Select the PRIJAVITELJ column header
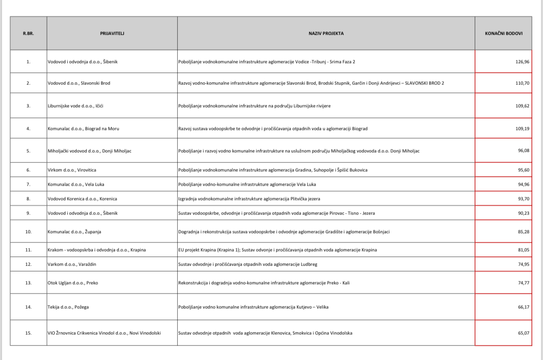pyautogui.click(x=112, y=33)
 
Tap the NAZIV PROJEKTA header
pyautogui.click(x=326, y=33)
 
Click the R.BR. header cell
pyautogui.click(x=28, y=33)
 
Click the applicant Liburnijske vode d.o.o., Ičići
pyautogui.click(x=75, y=106)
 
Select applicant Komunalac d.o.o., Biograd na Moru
pyautogui.click(x=80, y=129)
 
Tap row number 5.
pyautogui.click(x=28, y=151)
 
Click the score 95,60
pyautogui.click(x=523, y=170)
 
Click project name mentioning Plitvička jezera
pyautogui.click(x=249, y=199)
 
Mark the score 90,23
pyautogui.click(x=523, y=213)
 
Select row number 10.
pyautogui.click(x=28, y=231)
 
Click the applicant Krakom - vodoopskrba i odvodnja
pyautogui.click(x=97, y=250)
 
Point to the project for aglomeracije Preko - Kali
pyautogui.click(x=264, y=282)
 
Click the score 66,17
pyautogui.click(x=523, y=307)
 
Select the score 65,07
pyautogui.click(x=523, y=333)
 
